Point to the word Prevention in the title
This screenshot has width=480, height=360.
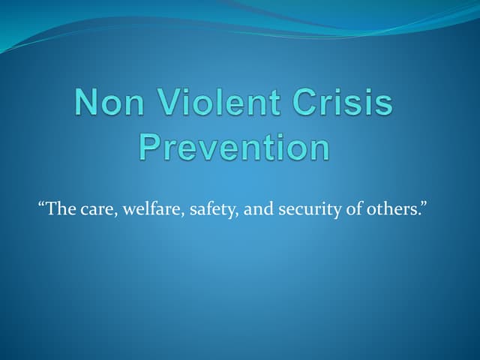point(235,147)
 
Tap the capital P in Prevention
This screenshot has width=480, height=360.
point(151,147)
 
